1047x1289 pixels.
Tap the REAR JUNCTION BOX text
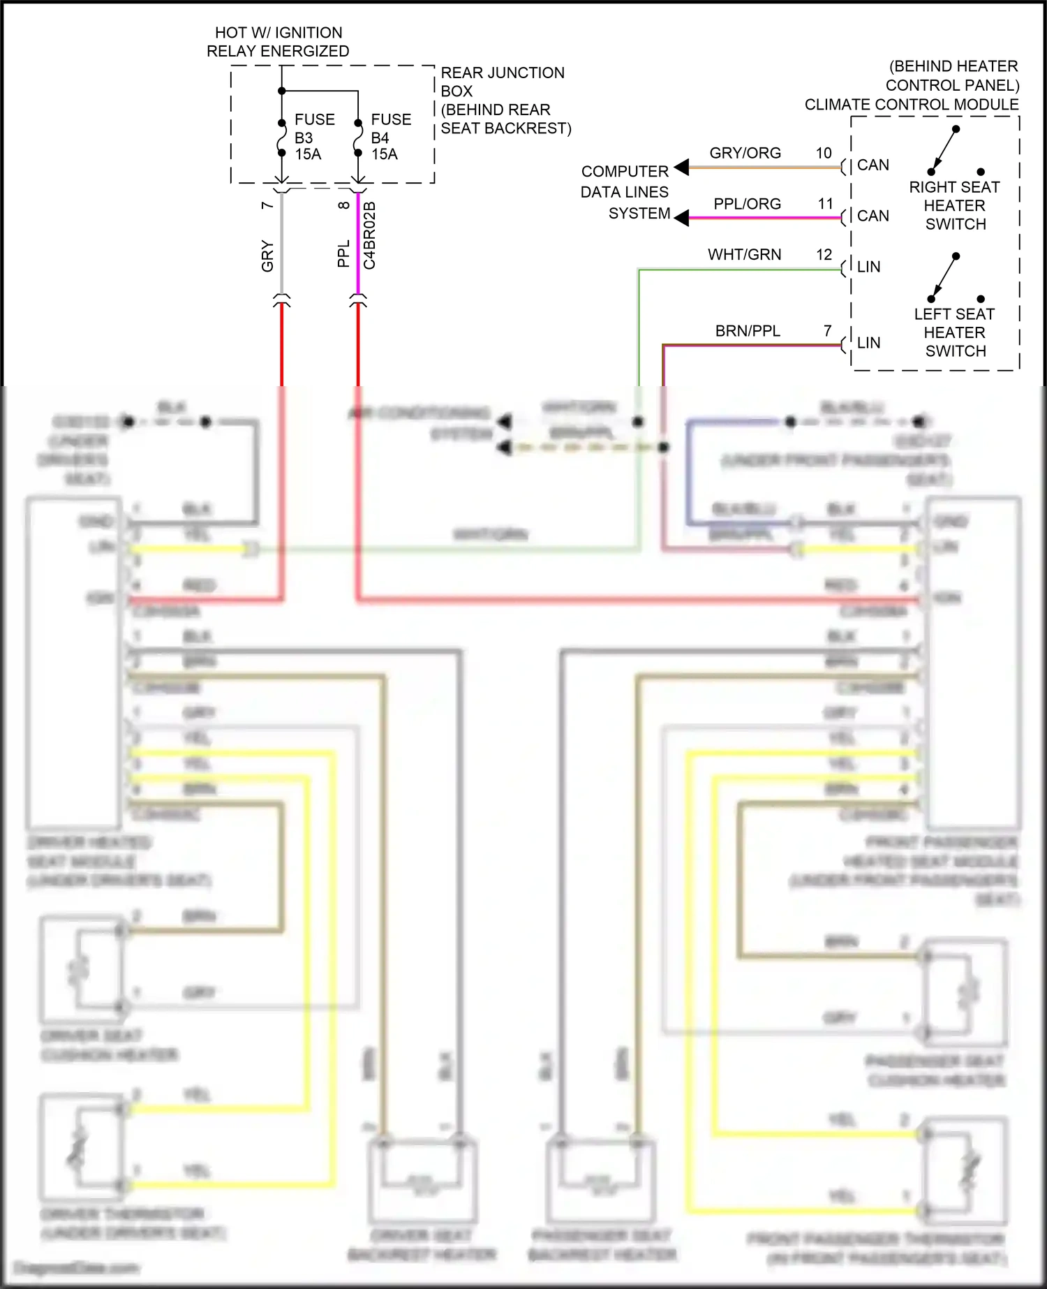pos(502,82)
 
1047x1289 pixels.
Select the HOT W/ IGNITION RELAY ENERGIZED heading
pos(278,42)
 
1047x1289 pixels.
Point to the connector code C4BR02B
pos(370,235)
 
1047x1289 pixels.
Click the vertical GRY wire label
pos(267,256)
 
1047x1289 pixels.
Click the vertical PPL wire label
pos(343,254)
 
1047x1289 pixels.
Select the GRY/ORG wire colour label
pos(745,153)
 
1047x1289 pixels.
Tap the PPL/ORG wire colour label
pos(747,204)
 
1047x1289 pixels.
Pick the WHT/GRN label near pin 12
pos(744,255)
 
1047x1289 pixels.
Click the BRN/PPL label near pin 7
pos(748,331)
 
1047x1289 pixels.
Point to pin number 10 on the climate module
pos(824,153)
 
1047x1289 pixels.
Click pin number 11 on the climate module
pos(826,204)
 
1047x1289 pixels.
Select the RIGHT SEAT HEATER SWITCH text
pos(954,206)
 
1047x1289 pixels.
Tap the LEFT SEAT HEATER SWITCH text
pos(954,333)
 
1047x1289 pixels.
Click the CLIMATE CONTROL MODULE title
pos(912,105)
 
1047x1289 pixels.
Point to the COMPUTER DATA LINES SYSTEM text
pos(625,192)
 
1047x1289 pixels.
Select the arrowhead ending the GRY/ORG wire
pos(682,167)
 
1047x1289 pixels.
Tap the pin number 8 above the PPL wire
pos(343,205)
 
